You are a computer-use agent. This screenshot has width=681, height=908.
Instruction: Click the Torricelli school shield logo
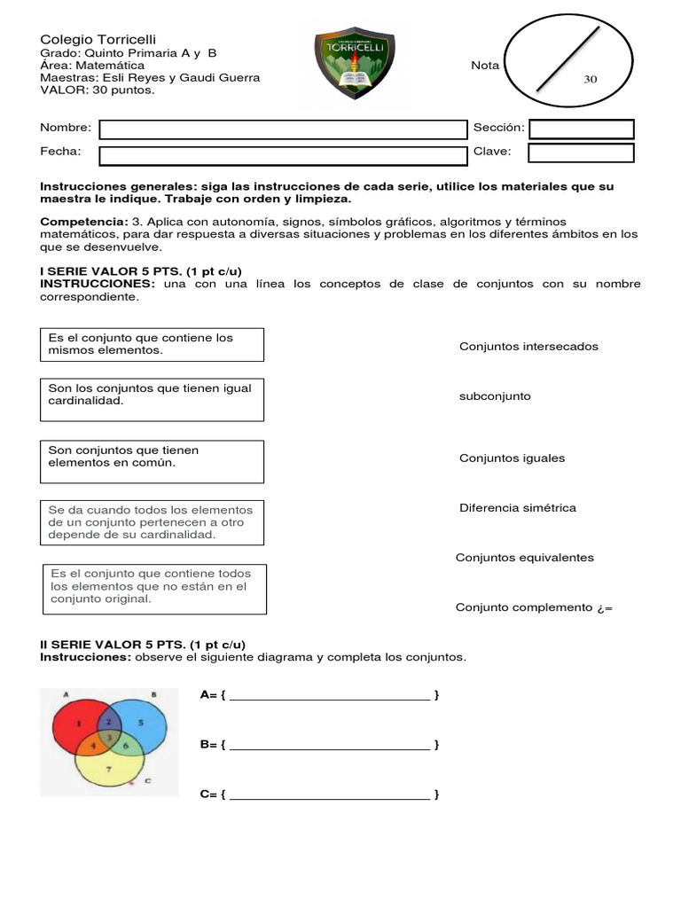[355, 62]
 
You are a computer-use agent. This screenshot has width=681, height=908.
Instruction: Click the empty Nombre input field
[283, 129]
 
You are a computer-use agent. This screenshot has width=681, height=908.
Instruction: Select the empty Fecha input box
[283, 156]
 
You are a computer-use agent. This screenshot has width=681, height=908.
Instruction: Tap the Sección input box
[581, 129]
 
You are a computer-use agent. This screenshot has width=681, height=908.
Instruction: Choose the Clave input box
[581, 153]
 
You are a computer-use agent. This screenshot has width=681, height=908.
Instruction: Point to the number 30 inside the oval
[591, 79]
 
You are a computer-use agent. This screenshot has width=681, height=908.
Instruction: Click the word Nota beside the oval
[485, 66]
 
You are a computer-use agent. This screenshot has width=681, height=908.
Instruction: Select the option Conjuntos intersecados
[528, 347]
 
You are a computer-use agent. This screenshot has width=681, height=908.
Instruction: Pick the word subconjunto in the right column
[495, 396]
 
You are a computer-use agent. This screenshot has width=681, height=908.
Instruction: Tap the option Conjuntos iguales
[512, 458]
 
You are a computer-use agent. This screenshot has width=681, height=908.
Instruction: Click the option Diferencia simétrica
[517, 508]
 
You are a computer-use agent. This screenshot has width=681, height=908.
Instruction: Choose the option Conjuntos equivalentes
[524, 558]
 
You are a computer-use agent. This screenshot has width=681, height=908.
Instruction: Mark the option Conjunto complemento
[523, 607]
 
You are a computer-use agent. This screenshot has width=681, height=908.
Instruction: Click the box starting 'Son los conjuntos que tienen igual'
[153, 400]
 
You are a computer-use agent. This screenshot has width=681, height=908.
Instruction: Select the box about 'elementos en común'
[153, 462]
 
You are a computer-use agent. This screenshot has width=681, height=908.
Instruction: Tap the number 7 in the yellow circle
[108, 769]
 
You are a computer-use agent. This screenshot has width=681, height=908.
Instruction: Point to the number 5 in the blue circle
[140, 724]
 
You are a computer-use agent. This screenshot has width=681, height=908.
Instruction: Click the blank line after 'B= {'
[330, 745]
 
